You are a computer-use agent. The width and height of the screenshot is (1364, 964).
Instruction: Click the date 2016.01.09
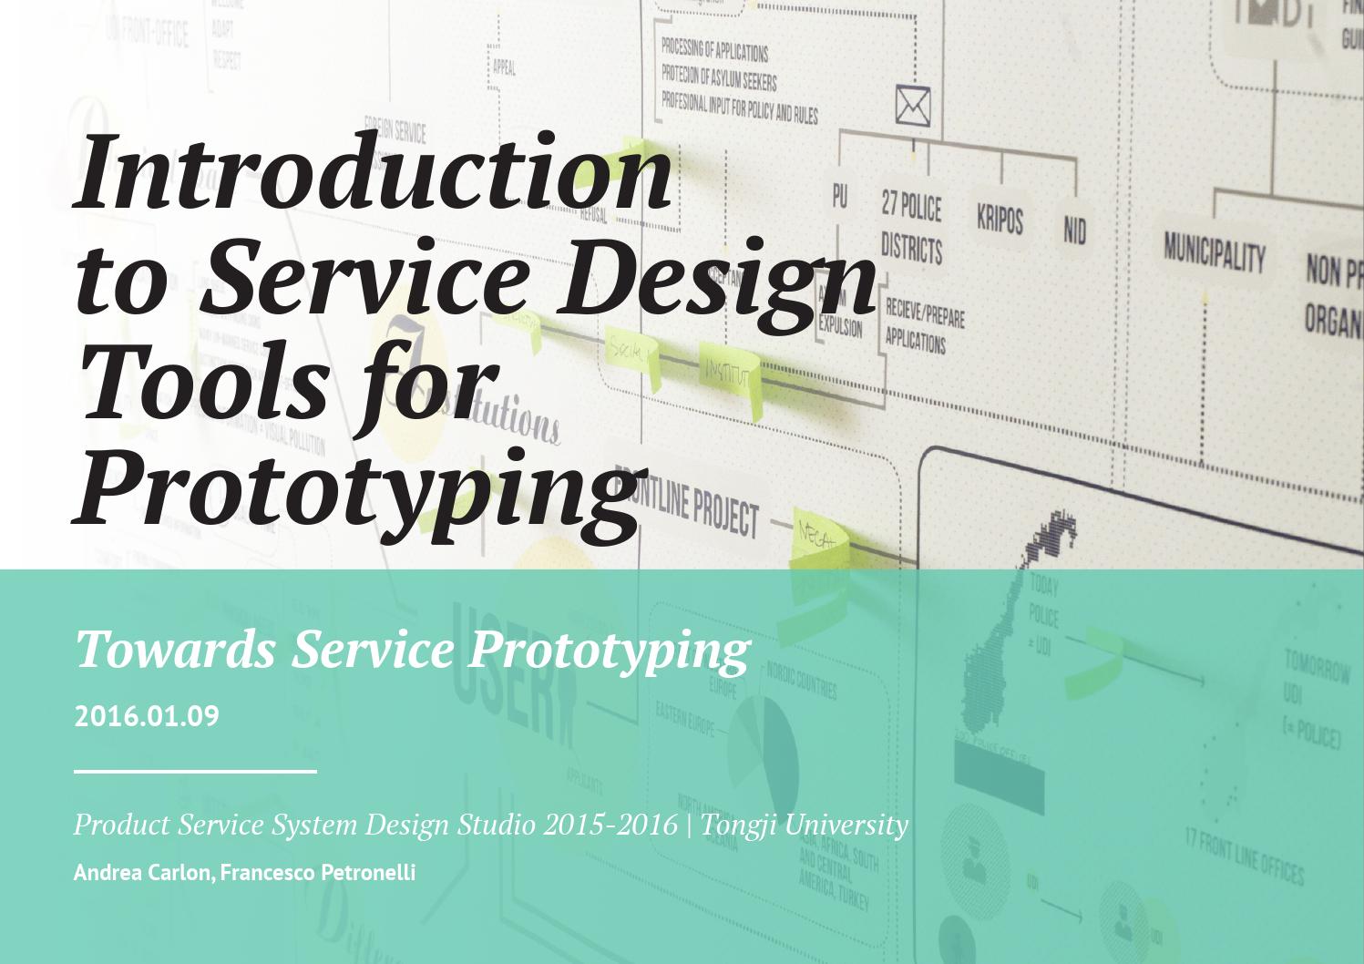coord(147,716)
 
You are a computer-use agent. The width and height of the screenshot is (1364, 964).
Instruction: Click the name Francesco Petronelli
coord(318,872)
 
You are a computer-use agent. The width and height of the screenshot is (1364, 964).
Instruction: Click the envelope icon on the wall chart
coord(912,106)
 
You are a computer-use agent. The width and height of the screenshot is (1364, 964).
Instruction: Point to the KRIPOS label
coord(1000,219)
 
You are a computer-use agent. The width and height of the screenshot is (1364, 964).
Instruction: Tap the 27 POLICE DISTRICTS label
coord(911,228)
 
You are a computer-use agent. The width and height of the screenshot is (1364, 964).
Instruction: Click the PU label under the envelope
coord(839,196)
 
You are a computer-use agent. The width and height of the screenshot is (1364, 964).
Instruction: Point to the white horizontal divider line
coord(195,772)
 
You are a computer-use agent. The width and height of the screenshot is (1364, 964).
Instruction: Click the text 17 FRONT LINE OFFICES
coord(1244,856)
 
